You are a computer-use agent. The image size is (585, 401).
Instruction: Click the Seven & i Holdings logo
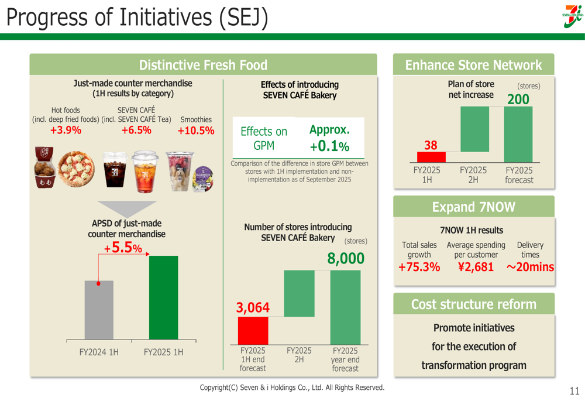pos(572,17)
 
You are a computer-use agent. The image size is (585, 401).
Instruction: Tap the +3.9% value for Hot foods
pos(66,130)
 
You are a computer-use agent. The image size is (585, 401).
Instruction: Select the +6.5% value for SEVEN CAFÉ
pos(136,130)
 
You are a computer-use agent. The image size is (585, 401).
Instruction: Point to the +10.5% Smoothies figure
pos(196,131)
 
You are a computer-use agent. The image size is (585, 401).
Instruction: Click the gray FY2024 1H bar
pos(99,310)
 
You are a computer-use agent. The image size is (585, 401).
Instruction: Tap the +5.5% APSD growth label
pos(123,248)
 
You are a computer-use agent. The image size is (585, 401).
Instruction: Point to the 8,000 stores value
pos(346,259)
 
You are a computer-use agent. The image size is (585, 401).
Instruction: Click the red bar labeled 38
pos(431,157)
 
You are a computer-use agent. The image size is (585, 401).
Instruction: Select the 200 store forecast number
pos(518,100)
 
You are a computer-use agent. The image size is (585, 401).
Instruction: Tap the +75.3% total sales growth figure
pos(419,268)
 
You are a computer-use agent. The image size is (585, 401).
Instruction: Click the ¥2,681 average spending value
pos(476,268)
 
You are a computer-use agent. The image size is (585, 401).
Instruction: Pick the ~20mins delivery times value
pos(530,268)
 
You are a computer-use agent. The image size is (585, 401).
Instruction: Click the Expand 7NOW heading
pos(474,207)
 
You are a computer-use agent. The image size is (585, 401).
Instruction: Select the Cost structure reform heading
pos(474,304)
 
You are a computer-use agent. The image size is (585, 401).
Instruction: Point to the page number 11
pos(574,391)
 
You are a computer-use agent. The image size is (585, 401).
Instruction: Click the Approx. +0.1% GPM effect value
pos(329,138)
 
